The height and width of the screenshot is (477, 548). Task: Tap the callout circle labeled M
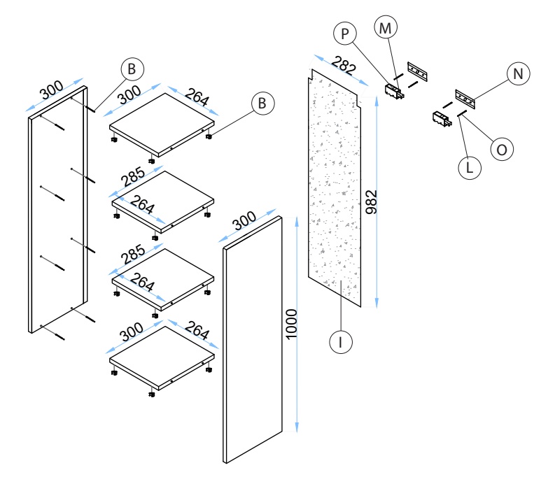[386, 27]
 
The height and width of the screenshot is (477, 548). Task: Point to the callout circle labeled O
[501, 149]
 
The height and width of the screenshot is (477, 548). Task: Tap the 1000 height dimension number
[293, 323]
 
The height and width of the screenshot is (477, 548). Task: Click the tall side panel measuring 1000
[253, 343]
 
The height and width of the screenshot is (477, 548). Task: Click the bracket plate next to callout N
[466, 99]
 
